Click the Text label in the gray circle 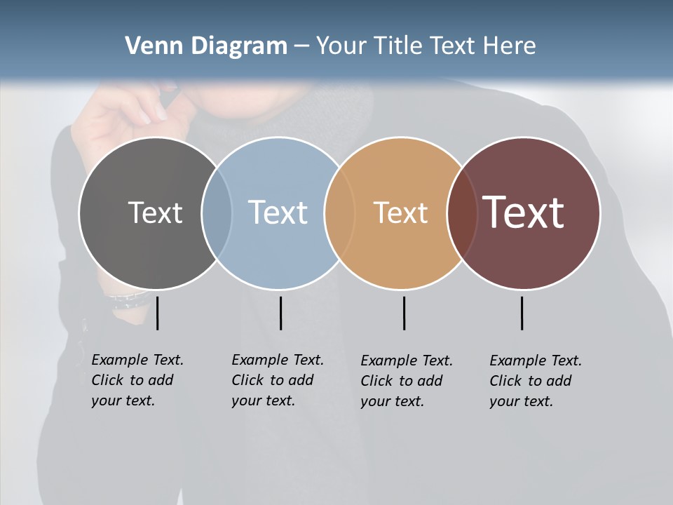[x=155, y=213]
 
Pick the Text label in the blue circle [x=278, y=213]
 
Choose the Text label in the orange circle [x=400, y=213]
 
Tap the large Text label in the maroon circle [x=524, y=213]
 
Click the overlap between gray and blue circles [x=217, y=213]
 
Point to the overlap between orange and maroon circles [x=462, y=213]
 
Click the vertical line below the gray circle [x=157, y=313]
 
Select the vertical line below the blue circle [x=280, y=313]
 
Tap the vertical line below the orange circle [x=404, y=313]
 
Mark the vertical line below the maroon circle [x=522, y=313]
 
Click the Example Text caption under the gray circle [x=137, y=380]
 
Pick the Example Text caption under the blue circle [x=277, y=380]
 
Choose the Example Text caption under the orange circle [x=406, y=381]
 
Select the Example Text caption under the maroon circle [x=535, y=381]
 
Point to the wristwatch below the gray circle [x=126, y=300]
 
